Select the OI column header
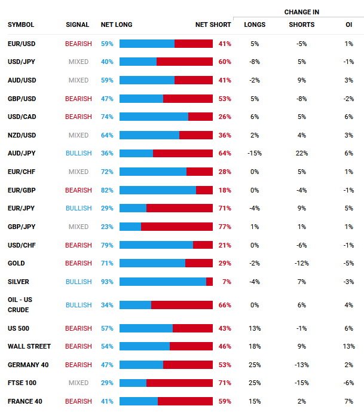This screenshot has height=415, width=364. [x=349, y=25]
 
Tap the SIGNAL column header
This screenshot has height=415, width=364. [x=78, y=25]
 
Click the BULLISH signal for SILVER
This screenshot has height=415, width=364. [x=79, y=282]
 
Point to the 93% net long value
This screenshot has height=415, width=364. [x=107, y=282]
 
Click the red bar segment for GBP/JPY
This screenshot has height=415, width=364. [x=177, y=227]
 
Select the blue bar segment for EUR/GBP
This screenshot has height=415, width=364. [x=158, y=190]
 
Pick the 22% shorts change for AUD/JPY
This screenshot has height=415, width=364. [x=301, y=153]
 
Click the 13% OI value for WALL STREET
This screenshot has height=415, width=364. [x=349, y=346]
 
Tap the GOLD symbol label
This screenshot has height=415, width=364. [x=16, y=263]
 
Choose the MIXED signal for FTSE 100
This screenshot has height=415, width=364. [x=79, y=383]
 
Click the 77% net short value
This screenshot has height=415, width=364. [x=225, y=227]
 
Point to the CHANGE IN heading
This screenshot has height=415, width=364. [x=301, y=12]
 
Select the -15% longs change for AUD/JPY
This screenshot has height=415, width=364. [x=255, y=153]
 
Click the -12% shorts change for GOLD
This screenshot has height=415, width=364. [x=301, y=263]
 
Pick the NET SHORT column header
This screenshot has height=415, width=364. [x=213, y=25]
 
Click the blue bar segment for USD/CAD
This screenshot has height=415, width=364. [x=154, y=117]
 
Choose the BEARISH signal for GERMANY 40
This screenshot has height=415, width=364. [x=79, y=365]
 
